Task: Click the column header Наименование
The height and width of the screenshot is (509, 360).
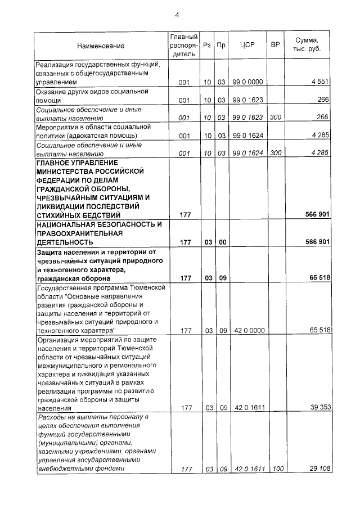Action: click(x=101, y=46)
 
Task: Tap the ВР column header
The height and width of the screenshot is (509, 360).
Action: click(x=276, y=46)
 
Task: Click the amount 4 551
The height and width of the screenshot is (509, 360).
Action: click(x=319, y=82)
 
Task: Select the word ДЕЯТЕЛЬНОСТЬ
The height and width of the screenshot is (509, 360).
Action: click(x=64, y=242)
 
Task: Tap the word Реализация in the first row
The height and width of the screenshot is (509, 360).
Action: click(x=55, y=64)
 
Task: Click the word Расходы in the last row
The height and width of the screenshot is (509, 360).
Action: click(x=50, y=417)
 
